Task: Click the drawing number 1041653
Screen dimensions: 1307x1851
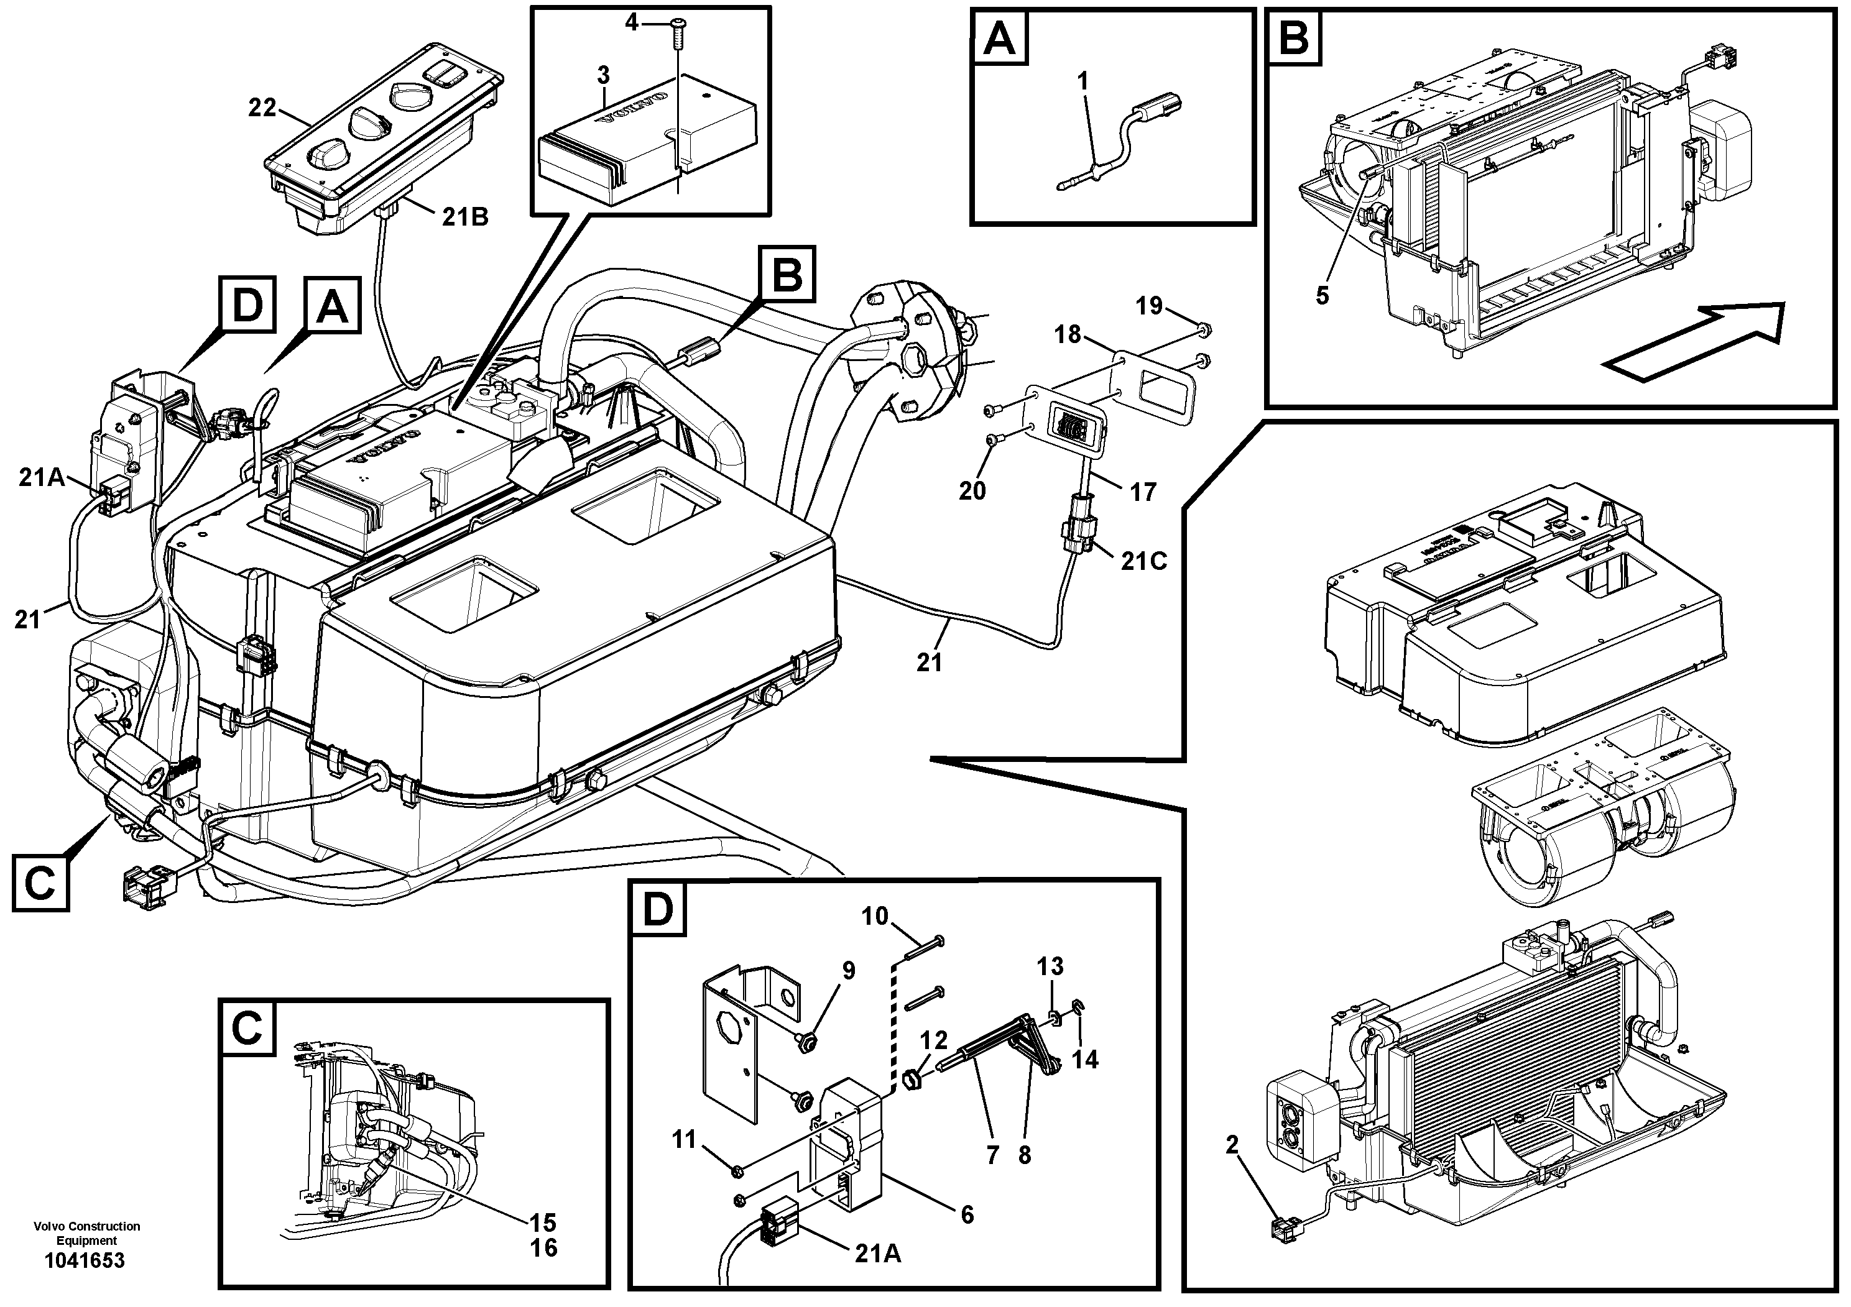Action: point(85,1260)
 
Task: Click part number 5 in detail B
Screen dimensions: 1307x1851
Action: point(1322,296)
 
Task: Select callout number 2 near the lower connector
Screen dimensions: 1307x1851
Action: point(1232,1145)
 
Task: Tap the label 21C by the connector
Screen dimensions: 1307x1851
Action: point(1144,561)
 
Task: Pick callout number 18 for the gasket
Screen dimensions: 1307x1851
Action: point(1068,334)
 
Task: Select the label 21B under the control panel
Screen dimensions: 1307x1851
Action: point(464,217)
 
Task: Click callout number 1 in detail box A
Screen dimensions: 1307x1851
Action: point(1082,81)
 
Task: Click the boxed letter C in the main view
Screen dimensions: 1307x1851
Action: point(40,883)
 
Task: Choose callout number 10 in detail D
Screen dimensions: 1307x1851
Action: point(875,916)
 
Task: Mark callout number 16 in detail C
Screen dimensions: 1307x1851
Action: point(544,1247)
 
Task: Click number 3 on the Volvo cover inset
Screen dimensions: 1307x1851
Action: point(603,75)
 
